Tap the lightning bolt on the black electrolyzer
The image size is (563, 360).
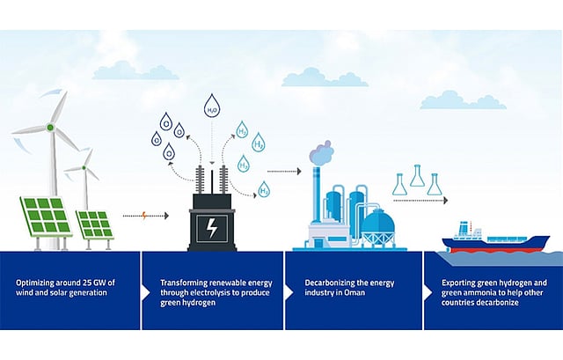214,226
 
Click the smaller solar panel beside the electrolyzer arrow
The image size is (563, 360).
93,224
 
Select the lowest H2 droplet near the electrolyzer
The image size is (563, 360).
263,188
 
